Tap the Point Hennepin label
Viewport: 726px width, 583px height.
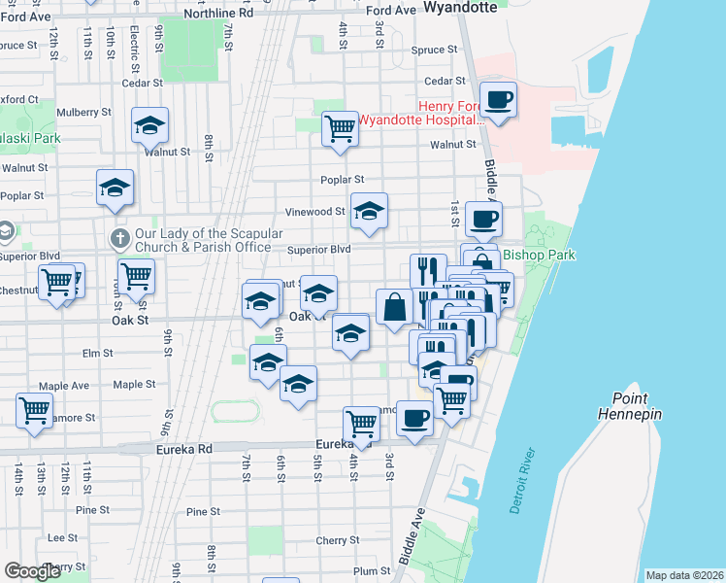pos(637,406)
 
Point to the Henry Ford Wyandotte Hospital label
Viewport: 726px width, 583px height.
pos(421,114)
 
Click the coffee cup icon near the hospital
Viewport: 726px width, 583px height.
pos(499,100)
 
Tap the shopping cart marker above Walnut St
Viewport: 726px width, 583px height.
pos(340,127)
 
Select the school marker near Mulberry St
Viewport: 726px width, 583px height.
pos(150,125)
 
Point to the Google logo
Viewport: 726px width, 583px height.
pos(32,571)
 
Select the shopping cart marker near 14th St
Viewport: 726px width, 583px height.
pos(35,409)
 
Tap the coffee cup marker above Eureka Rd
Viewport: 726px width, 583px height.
pos(414,419)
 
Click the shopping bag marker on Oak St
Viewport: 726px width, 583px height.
pos(394,308)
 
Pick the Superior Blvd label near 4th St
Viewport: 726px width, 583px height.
pos(318,250)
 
